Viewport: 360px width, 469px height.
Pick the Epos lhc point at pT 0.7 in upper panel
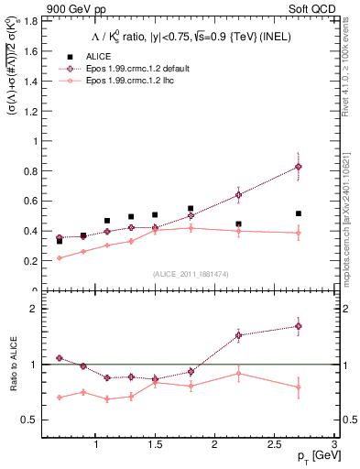[60, 257]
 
